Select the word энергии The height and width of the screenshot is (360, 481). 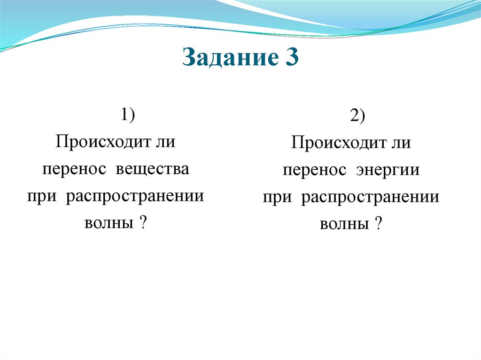388,171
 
